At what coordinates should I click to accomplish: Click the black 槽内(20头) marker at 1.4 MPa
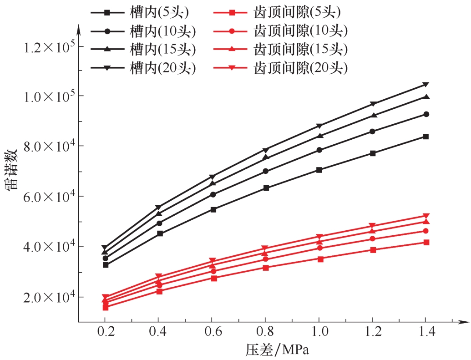[425, 85]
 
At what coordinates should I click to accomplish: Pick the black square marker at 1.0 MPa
[319, 170]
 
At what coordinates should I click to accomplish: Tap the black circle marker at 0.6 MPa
[213, 194]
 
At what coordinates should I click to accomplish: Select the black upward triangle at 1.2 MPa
[373, 116]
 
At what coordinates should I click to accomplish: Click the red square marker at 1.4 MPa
[425, 242]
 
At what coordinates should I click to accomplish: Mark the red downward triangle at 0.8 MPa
[265, 248]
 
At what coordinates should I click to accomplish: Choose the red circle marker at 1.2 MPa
[373, 239]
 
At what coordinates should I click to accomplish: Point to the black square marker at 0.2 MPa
[106, 265]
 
